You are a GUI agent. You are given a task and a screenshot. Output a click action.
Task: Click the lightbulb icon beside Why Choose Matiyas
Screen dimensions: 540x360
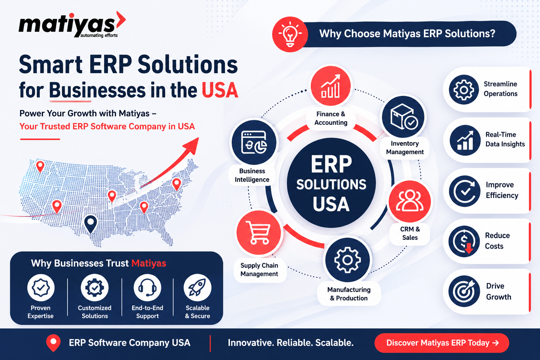click(290, 34)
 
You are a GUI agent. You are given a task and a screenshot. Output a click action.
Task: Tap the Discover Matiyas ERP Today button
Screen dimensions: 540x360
click(442, 343)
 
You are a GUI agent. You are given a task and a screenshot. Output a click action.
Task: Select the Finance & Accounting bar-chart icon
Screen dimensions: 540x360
click(330, 86)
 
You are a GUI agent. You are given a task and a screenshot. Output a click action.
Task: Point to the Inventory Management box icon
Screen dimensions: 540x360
click(404, 117)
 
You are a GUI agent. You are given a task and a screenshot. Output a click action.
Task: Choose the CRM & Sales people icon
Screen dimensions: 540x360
click(410, 201)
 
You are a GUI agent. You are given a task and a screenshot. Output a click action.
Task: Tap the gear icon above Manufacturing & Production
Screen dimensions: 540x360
click(347, 260)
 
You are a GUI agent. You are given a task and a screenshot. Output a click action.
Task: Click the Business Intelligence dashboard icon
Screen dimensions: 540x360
click(254, 142)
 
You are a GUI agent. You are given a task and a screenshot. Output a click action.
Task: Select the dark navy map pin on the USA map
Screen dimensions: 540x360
click(91, 224)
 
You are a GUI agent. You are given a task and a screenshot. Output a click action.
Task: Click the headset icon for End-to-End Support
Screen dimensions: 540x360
click(147, 288)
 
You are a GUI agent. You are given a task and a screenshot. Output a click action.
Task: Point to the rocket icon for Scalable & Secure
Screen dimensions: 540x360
click(198, 288)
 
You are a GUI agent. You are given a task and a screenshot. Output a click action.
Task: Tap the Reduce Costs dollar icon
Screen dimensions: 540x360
click(464, 242)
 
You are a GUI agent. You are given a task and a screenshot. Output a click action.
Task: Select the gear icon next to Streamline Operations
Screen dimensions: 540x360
click(464, 90)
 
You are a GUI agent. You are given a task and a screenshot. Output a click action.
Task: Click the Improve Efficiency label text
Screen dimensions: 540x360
click(502, 190)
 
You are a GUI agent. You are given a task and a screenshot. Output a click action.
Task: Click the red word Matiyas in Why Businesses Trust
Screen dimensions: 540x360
click(149, 263)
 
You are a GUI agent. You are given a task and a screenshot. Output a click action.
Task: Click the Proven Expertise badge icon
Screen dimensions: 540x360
click(41, 288)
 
